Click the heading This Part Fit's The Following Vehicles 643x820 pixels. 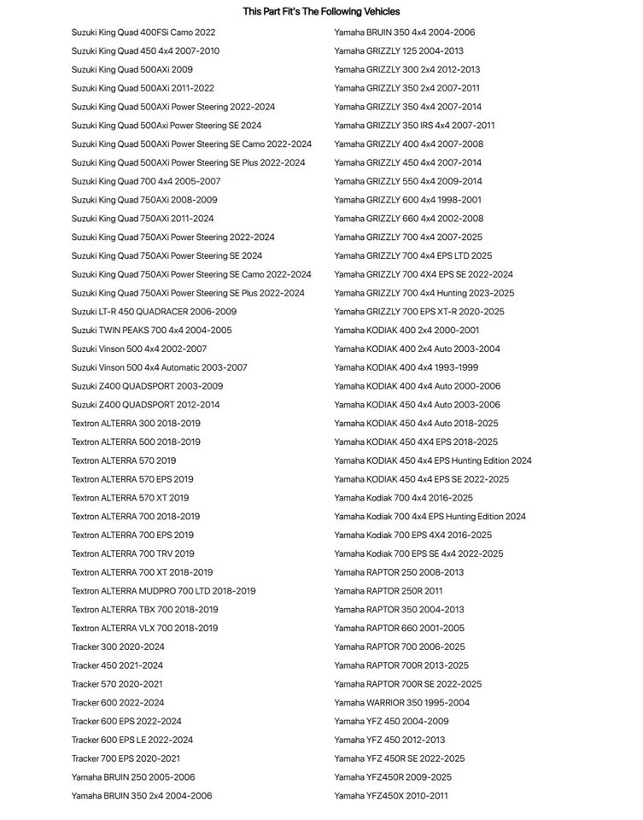click(321, 11)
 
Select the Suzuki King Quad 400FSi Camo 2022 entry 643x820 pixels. click(143, 32)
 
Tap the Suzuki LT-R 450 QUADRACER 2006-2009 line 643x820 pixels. click(154, 312)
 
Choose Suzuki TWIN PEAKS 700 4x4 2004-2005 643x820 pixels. click(151, 331)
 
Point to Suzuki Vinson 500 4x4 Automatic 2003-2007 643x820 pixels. click(159, 367)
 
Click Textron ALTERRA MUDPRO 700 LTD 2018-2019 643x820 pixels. click(163, 591)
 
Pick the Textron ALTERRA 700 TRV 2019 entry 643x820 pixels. click(132, 553)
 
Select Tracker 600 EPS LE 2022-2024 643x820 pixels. click(132, 740)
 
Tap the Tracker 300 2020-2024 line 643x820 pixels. click(118, 647)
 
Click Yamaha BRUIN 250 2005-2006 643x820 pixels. click(133, 777)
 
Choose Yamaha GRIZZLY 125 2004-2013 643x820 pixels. click(399, 51)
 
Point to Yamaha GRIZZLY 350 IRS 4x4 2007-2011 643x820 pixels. click(414, 126)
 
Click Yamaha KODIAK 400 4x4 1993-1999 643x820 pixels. click(406, 367)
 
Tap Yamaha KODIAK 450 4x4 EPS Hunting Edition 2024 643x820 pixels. click(432, 460)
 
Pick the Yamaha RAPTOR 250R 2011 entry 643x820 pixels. click(388, 591)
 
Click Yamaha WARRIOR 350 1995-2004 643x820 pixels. click(401, 703)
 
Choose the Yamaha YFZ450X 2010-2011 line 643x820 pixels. click(390, 796)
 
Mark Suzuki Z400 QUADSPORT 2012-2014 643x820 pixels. click(145, 405)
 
